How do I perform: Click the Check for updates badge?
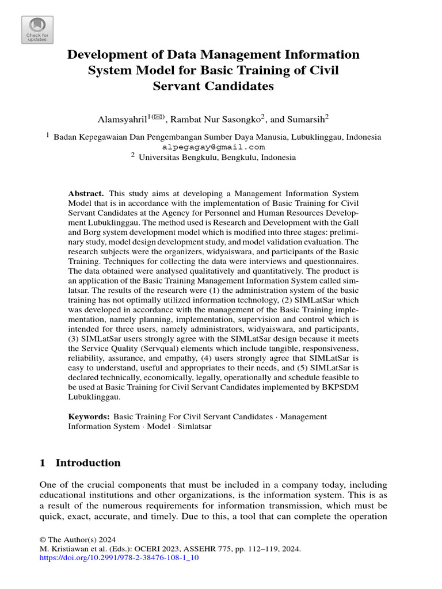37,29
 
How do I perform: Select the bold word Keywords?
89,416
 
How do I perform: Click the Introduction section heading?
88,463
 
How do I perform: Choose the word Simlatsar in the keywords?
195,427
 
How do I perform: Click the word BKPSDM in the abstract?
335,387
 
